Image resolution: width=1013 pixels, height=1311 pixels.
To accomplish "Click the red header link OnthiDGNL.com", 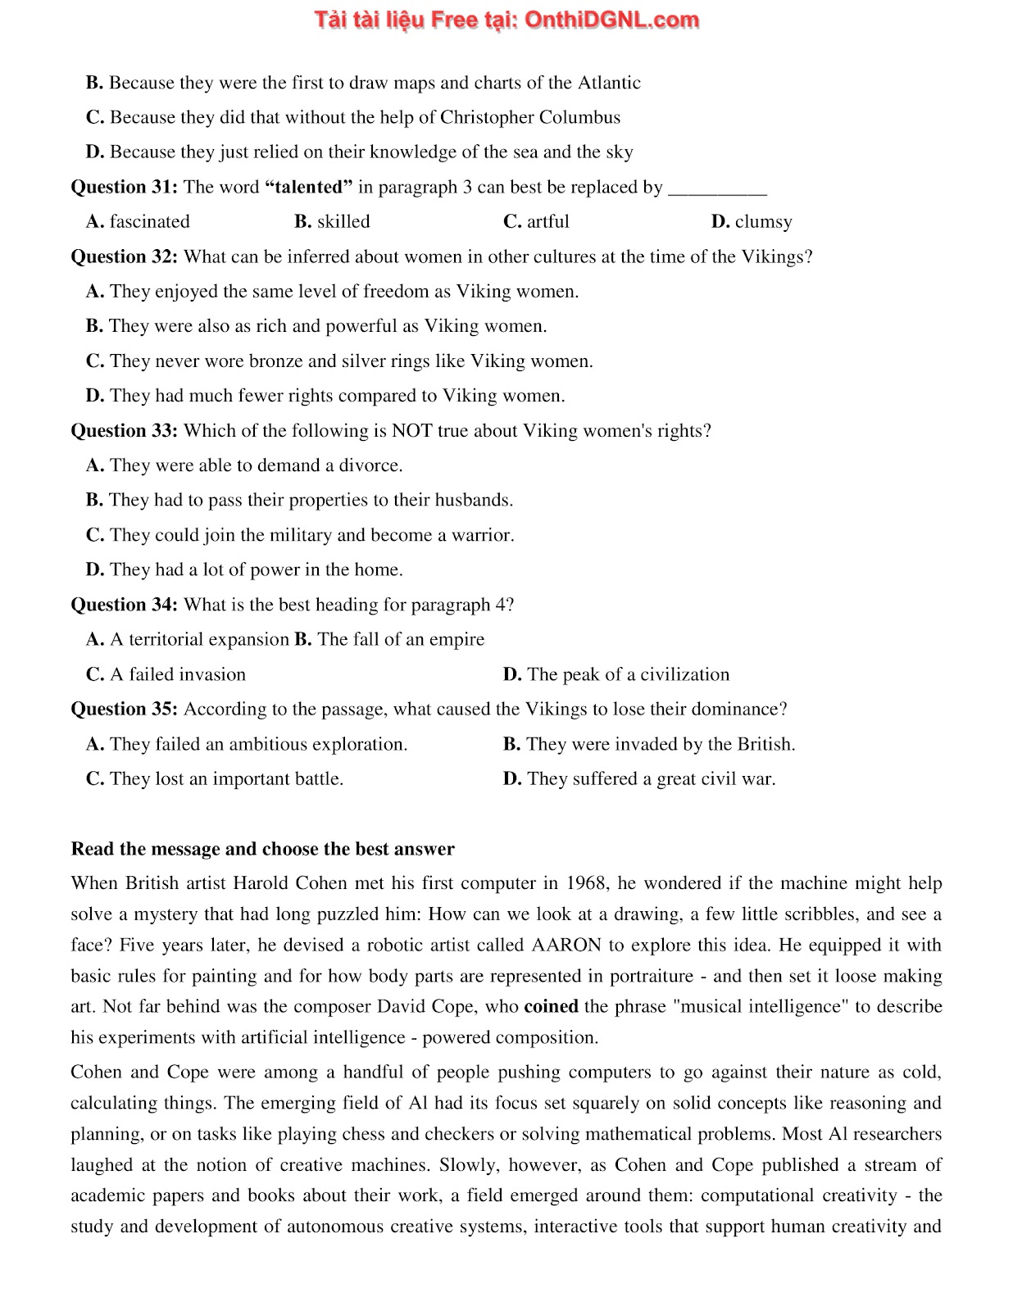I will [x=611, y=20].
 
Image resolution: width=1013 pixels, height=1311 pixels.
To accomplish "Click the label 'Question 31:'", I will [x=125, y=187].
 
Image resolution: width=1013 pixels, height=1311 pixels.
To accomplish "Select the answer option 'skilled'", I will [x=343, y=221].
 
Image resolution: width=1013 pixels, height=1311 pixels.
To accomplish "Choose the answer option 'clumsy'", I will [x=763, y=221].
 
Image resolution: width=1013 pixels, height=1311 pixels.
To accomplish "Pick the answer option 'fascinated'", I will [x=149, y=221].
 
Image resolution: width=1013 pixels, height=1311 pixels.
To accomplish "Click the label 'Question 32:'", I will [x=125, y=256].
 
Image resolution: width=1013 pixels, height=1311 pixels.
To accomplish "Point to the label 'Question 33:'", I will [x=125, y=430].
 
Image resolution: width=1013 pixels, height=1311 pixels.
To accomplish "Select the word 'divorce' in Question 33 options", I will [x=370, y=465].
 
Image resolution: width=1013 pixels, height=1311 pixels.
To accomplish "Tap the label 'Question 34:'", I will [x=125, y=605].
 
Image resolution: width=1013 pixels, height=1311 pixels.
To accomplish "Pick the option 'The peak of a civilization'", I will [x=628, y=674].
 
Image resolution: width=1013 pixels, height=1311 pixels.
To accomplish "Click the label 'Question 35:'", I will [x=125, y=709].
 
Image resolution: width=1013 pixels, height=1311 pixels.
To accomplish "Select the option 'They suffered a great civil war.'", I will [x=651, y=778].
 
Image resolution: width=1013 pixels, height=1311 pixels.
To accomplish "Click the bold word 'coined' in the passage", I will [x=551, y=1006].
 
